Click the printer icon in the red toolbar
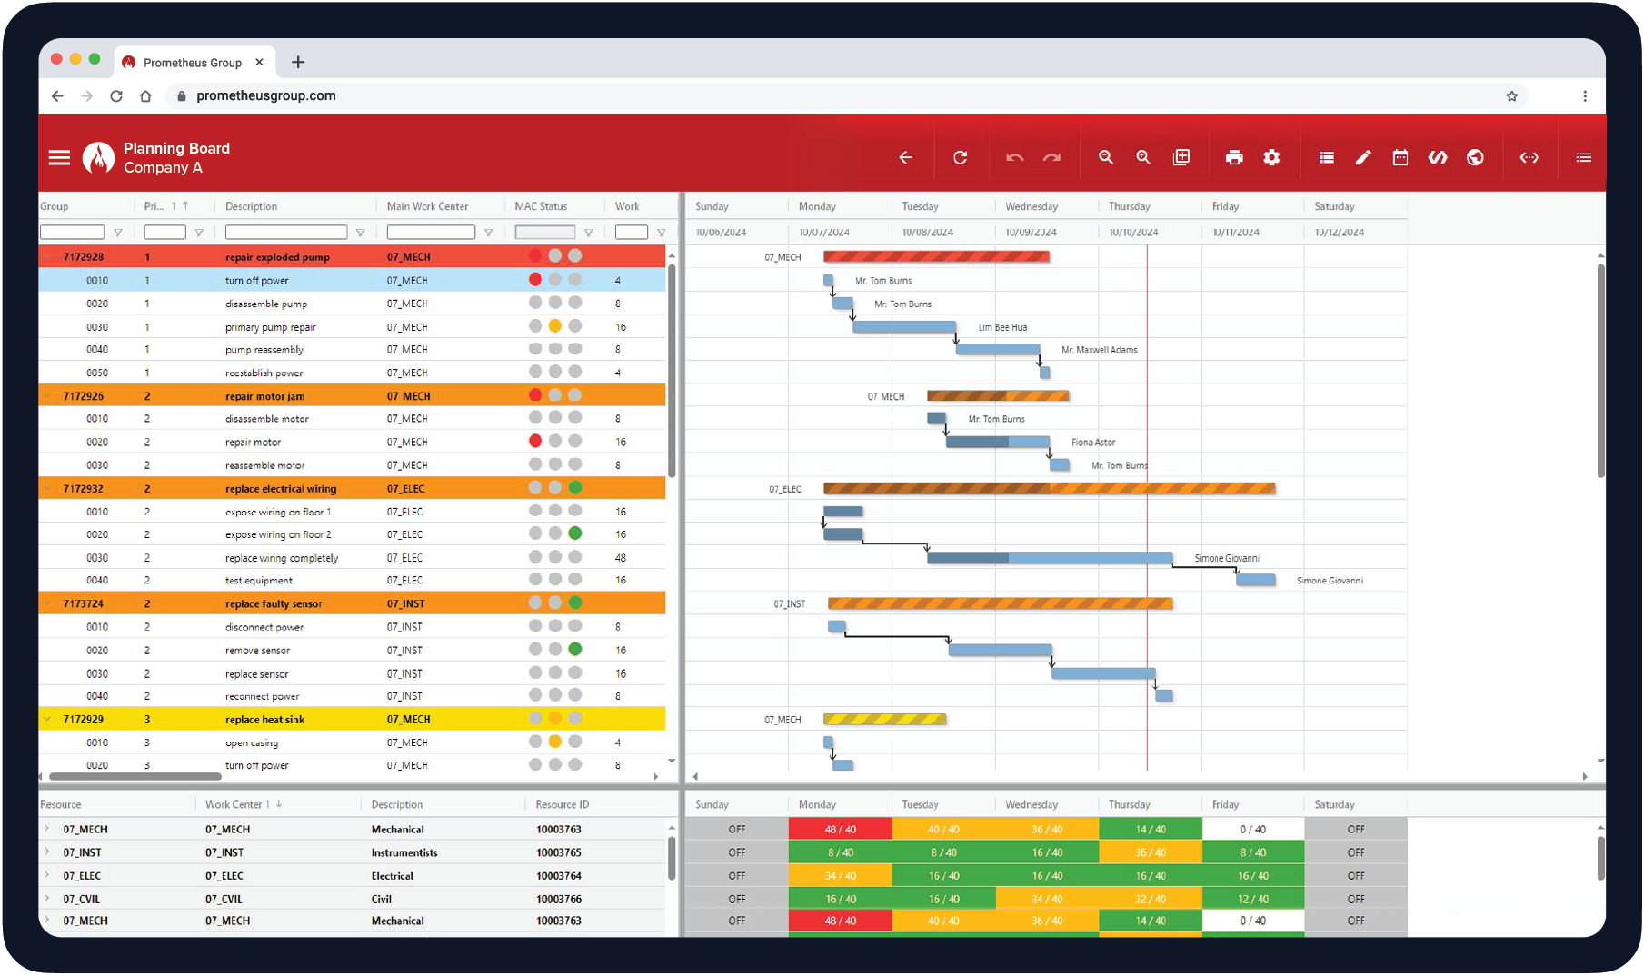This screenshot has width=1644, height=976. (1233, 157)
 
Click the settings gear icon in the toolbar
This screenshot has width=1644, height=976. (1271, 157)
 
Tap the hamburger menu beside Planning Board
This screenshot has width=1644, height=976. (59, 157)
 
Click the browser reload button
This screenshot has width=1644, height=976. (116, 95)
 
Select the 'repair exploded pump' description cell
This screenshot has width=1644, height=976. (277, 257)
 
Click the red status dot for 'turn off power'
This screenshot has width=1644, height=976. (535, 280)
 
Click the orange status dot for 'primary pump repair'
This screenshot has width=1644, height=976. (554, 326)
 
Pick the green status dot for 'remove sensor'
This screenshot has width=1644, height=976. (574, 650)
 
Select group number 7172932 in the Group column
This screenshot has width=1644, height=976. (83, 489)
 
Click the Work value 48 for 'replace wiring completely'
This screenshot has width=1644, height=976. (620, 558)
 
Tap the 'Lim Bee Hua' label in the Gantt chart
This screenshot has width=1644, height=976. (1002, 327)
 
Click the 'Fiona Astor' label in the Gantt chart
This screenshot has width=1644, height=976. (1092, 443)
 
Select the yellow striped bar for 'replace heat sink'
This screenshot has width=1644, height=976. (884, 719)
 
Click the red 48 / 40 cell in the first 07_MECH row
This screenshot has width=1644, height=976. (840, 829)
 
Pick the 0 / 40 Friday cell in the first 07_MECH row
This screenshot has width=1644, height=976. (1252, 829)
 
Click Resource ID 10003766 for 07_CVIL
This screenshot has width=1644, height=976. (558, 899)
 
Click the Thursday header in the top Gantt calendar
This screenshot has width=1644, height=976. (1129, 206)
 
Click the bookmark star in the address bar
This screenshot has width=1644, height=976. (1511, 95)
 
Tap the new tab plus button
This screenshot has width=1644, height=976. (298, 62)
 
